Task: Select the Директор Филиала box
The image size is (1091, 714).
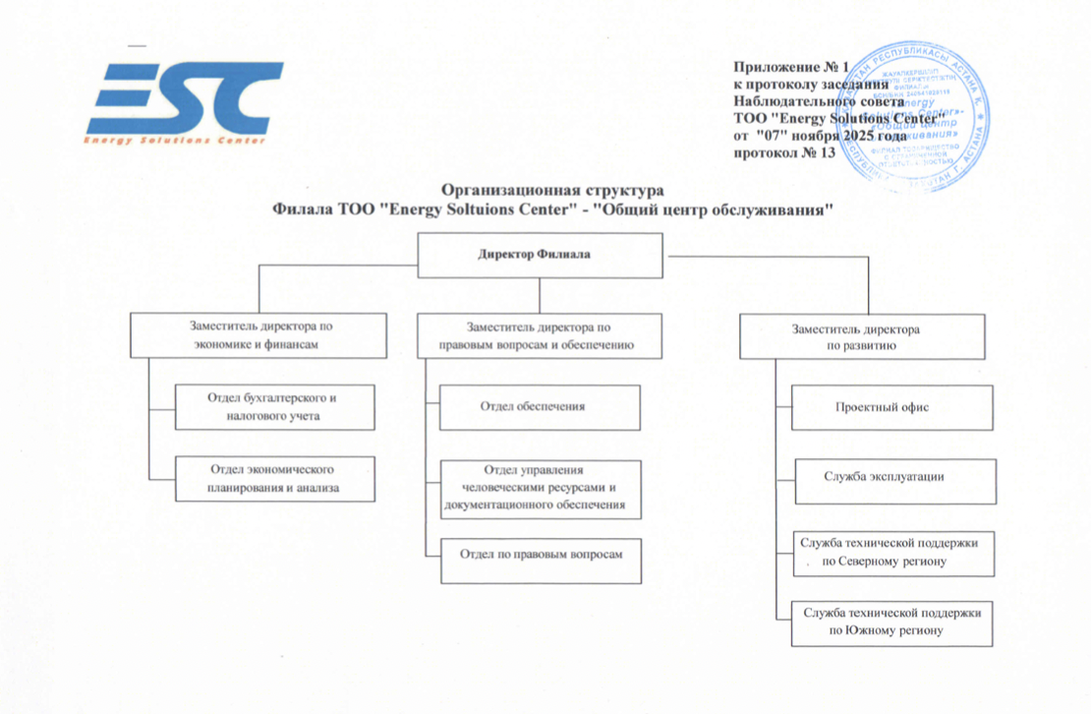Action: pyautogui.click(x=534, y=255)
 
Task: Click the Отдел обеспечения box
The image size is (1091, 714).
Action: pyautogui.click(x=540, y=407)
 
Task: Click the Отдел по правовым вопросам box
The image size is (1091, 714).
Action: pyautogui.click(x=541, y=555)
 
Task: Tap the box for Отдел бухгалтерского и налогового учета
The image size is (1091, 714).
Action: pyautogui.click(x=274, y=407)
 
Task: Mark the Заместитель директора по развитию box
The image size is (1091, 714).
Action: pyautogui.click(x=861, y=337)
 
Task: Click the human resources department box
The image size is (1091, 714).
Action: pyautogui.click(x=540, y=488)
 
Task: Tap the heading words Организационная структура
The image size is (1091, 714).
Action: pyautogui.click(x=553, y=189)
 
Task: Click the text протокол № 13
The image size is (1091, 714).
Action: pyautogui.click(x=785, y=153)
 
